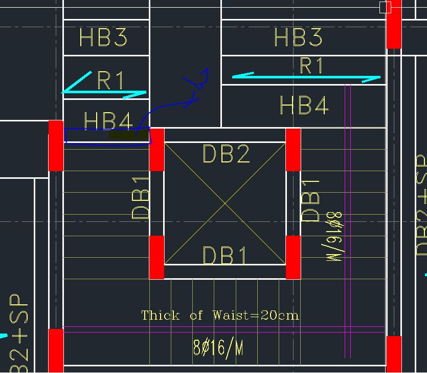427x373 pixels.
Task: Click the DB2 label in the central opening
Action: [x=226, y=154]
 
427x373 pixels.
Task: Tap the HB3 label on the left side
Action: [x=103, y=38]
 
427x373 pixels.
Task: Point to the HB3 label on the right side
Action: [x=299, y=37]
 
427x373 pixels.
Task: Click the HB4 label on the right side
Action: [x=304, y=106]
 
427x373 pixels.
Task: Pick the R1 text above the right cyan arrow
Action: [x=311, y=66]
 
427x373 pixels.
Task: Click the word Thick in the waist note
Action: [x=161, y=315]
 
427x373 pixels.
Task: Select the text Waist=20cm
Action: [x=255, y=315]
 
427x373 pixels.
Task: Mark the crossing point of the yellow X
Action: [x=225, y=203]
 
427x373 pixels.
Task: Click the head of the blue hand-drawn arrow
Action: [x=205, y=75]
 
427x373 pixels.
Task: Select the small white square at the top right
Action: [x=385, y=7]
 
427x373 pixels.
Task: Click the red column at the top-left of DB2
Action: [x=157, y=150]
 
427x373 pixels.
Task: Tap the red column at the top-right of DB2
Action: [x=293, y=150]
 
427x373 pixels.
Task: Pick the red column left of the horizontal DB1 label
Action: [x=157, y=257]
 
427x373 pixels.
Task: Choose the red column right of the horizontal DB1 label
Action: [x=293, y=257]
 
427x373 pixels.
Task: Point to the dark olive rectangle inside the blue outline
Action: [x=128, y=135]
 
